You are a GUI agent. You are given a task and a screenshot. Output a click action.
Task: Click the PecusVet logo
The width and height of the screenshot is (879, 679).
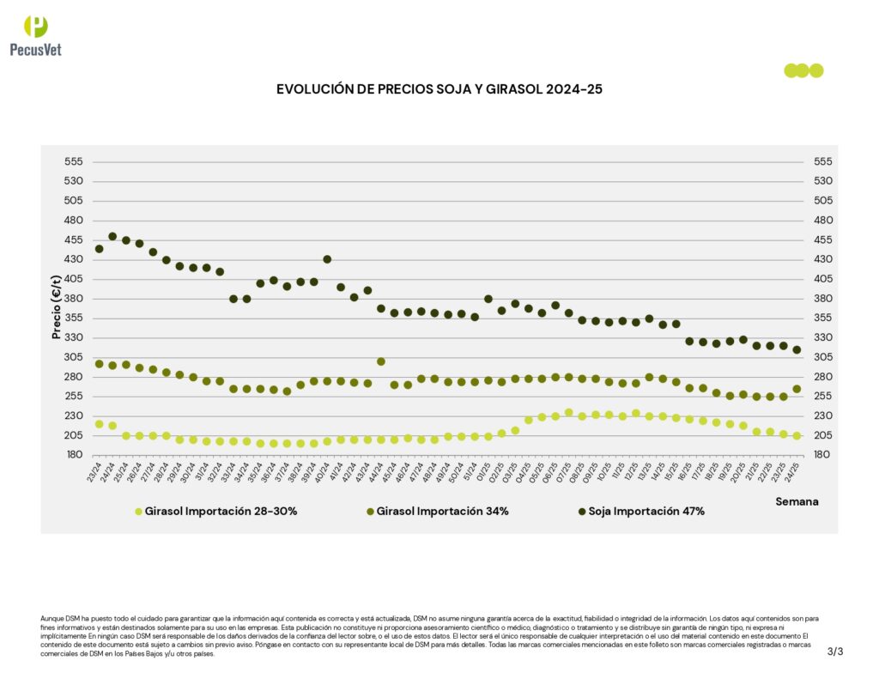(35, 35)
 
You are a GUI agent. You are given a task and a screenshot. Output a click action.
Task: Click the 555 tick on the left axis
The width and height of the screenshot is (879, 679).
(73, 161)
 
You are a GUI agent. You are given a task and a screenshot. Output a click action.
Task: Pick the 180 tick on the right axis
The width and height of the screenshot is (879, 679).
(822, 455)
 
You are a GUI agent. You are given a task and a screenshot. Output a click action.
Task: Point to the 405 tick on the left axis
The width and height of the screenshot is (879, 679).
(73, 279)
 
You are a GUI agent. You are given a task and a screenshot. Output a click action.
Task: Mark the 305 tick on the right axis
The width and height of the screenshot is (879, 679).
(822, 357)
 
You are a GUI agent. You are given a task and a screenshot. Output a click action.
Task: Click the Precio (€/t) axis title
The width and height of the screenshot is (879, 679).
(57, 307)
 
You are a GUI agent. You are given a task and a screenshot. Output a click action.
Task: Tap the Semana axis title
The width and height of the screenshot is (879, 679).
(797, 500)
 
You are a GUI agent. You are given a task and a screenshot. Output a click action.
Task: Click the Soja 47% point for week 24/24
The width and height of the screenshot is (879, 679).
(112, 236)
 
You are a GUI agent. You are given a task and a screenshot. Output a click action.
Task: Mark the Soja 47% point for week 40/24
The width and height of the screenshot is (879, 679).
(327, 259)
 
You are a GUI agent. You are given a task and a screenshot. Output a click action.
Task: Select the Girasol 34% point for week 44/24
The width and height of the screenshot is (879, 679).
(381, 361)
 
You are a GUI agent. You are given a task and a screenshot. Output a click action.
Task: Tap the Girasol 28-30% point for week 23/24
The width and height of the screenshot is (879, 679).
(99, 424)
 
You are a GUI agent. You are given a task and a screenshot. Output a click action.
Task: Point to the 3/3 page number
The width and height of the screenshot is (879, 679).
(835, 652)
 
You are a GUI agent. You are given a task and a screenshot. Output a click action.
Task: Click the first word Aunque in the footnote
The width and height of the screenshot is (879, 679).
(51, 618)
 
